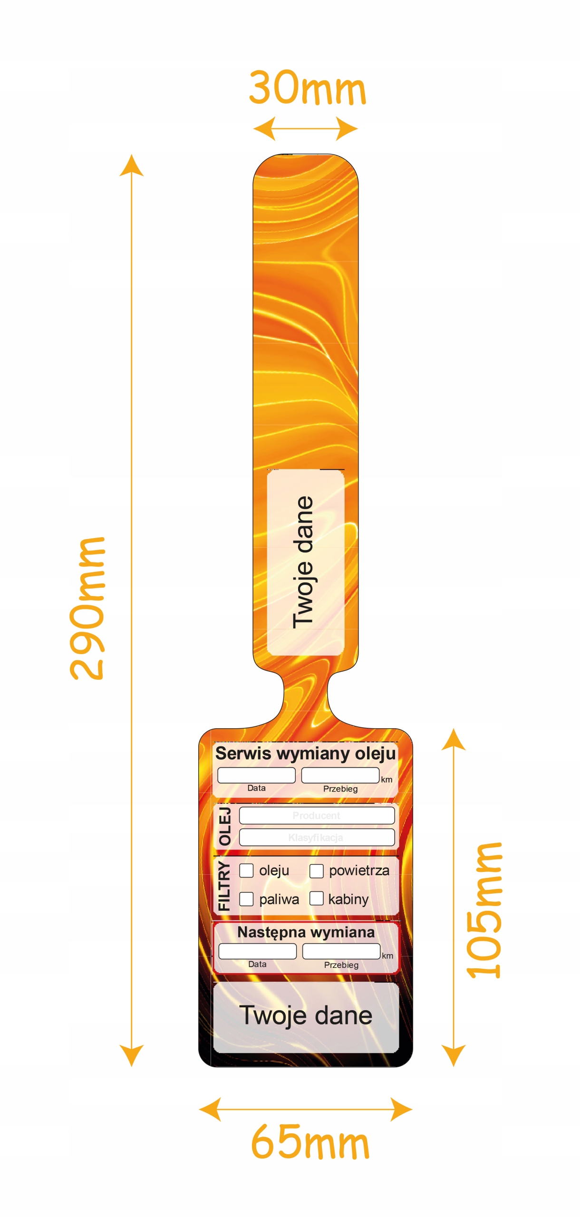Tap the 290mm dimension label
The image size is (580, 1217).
pyautogui.click(x=87, y=608)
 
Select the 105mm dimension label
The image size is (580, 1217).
pyautogui.click(x=483, y=910)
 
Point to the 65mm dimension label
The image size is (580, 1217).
pyautogui.click(x=309, y=1142)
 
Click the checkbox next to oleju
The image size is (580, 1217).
pyautogui.click(x=246, y=870)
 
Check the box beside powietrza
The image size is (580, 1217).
pyautogui.click(x=316, y=871)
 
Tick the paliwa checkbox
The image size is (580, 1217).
pyautogui.click(x=246, y=899)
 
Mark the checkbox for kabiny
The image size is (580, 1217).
pyautogui.click(x=316, y=898)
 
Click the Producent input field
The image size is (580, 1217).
pyautogui.click(x=317, y=815)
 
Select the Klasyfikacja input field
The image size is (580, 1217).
pyautogui.click(x=317, y=837)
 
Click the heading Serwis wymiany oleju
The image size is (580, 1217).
pyautogui.click(x=305, y=753)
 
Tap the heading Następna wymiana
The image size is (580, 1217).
pyautogui.click(x=306, y=932)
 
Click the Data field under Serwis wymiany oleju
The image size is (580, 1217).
pyautogui.click(x=256, y=775)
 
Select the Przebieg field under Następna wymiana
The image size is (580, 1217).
pyautogui.click(x=341, y=951)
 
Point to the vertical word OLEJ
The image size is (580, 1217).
pyautogui.click(x=224, y=826)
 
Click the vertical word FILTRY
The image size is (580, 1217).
pyautogui.click(x=224, y=886)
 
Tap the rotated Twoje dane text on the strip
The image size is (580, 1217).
pyautogui.click(x=304, y=562)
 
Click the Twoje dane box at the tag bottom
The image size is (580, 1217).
pyautogui.click(x=306, y=1015)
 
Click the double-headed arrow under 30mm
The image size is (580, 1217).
pyautogui.click(x=305, y=128)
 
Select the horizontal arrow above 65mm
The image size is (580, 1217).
pyautogui.click(x=305, y=1109)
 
